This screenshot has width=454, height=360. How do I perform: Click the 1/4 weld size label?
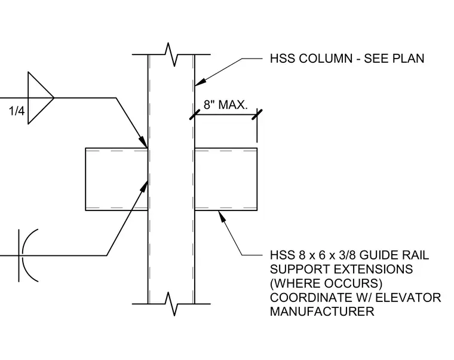click(17, 111)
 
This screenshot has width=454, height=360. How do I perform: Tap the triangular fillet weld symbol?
click(41, 98)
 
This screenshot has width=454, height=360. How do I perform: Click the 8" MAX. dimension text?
click(226, 105)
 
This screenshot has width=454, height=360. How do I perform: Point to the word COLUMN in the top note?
click(326, 59)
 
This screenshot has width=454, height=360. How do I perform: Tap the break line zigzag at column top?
click(171, 54)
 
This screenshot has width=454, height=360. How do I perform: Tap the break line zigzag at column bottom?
click(171, 304)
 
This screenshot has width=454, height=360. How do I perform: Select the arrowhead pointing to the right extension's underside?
click(222, 216)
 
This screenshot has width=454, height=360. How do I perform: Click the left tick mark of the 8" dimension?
click(195, 114)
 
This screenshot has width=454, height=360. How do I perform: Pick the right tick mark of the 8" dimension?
click(257, 114)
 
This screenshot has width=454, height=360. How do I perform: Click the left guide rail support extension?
click(116, 179)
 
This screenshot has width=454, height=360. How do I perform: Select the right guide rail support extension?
click(226, 179)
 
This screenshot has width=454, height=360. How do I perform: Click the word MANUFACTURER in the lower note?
click(322, 312)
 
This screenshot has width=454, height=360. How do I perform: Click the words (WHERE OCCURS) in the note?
click(326, 283)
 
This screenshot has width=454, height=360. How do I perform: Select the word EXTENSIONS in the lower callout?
click(373, 269)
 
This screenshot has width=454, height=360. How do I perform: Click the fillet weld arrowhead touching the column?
click(143, 142)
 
